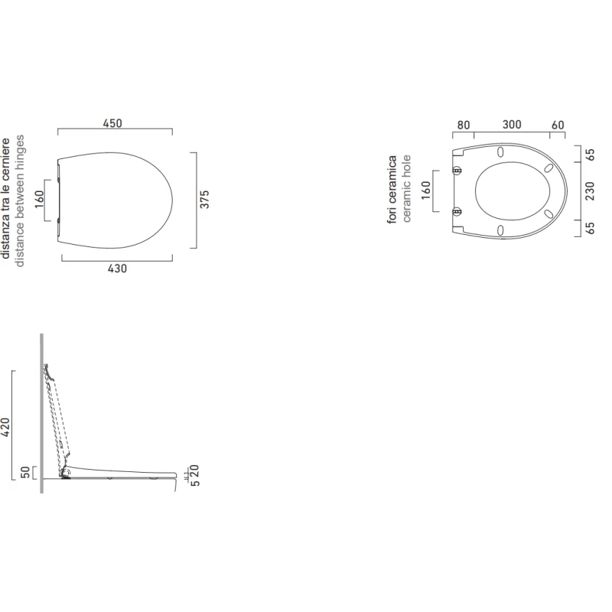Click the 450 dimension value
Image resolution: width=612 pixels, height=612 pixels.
tap(112, 123)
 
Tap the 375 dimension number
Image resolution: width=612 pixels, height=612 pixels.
tap(205, 199)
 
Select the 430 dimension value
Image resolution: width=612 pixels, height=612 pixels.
tap(117, 269)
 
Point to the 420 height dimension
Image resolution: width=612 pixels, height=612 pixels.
tap(5, 427)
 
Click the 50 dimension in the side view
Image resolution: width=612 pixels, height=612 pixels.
tap(25, 472)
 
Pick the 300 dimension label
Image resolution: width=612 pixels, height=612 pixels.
tap(512, 125)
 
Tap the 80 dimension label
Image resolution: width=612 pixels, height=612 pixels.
tap(464, 125)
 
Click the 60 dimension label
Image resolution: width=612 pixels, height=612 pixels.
tap(558, 125)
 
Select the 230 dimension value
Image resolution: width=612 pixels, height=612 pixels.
tap(590, 190)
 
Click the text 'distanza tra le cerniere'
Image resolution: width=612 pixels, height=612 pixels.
tap(5, 198)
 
